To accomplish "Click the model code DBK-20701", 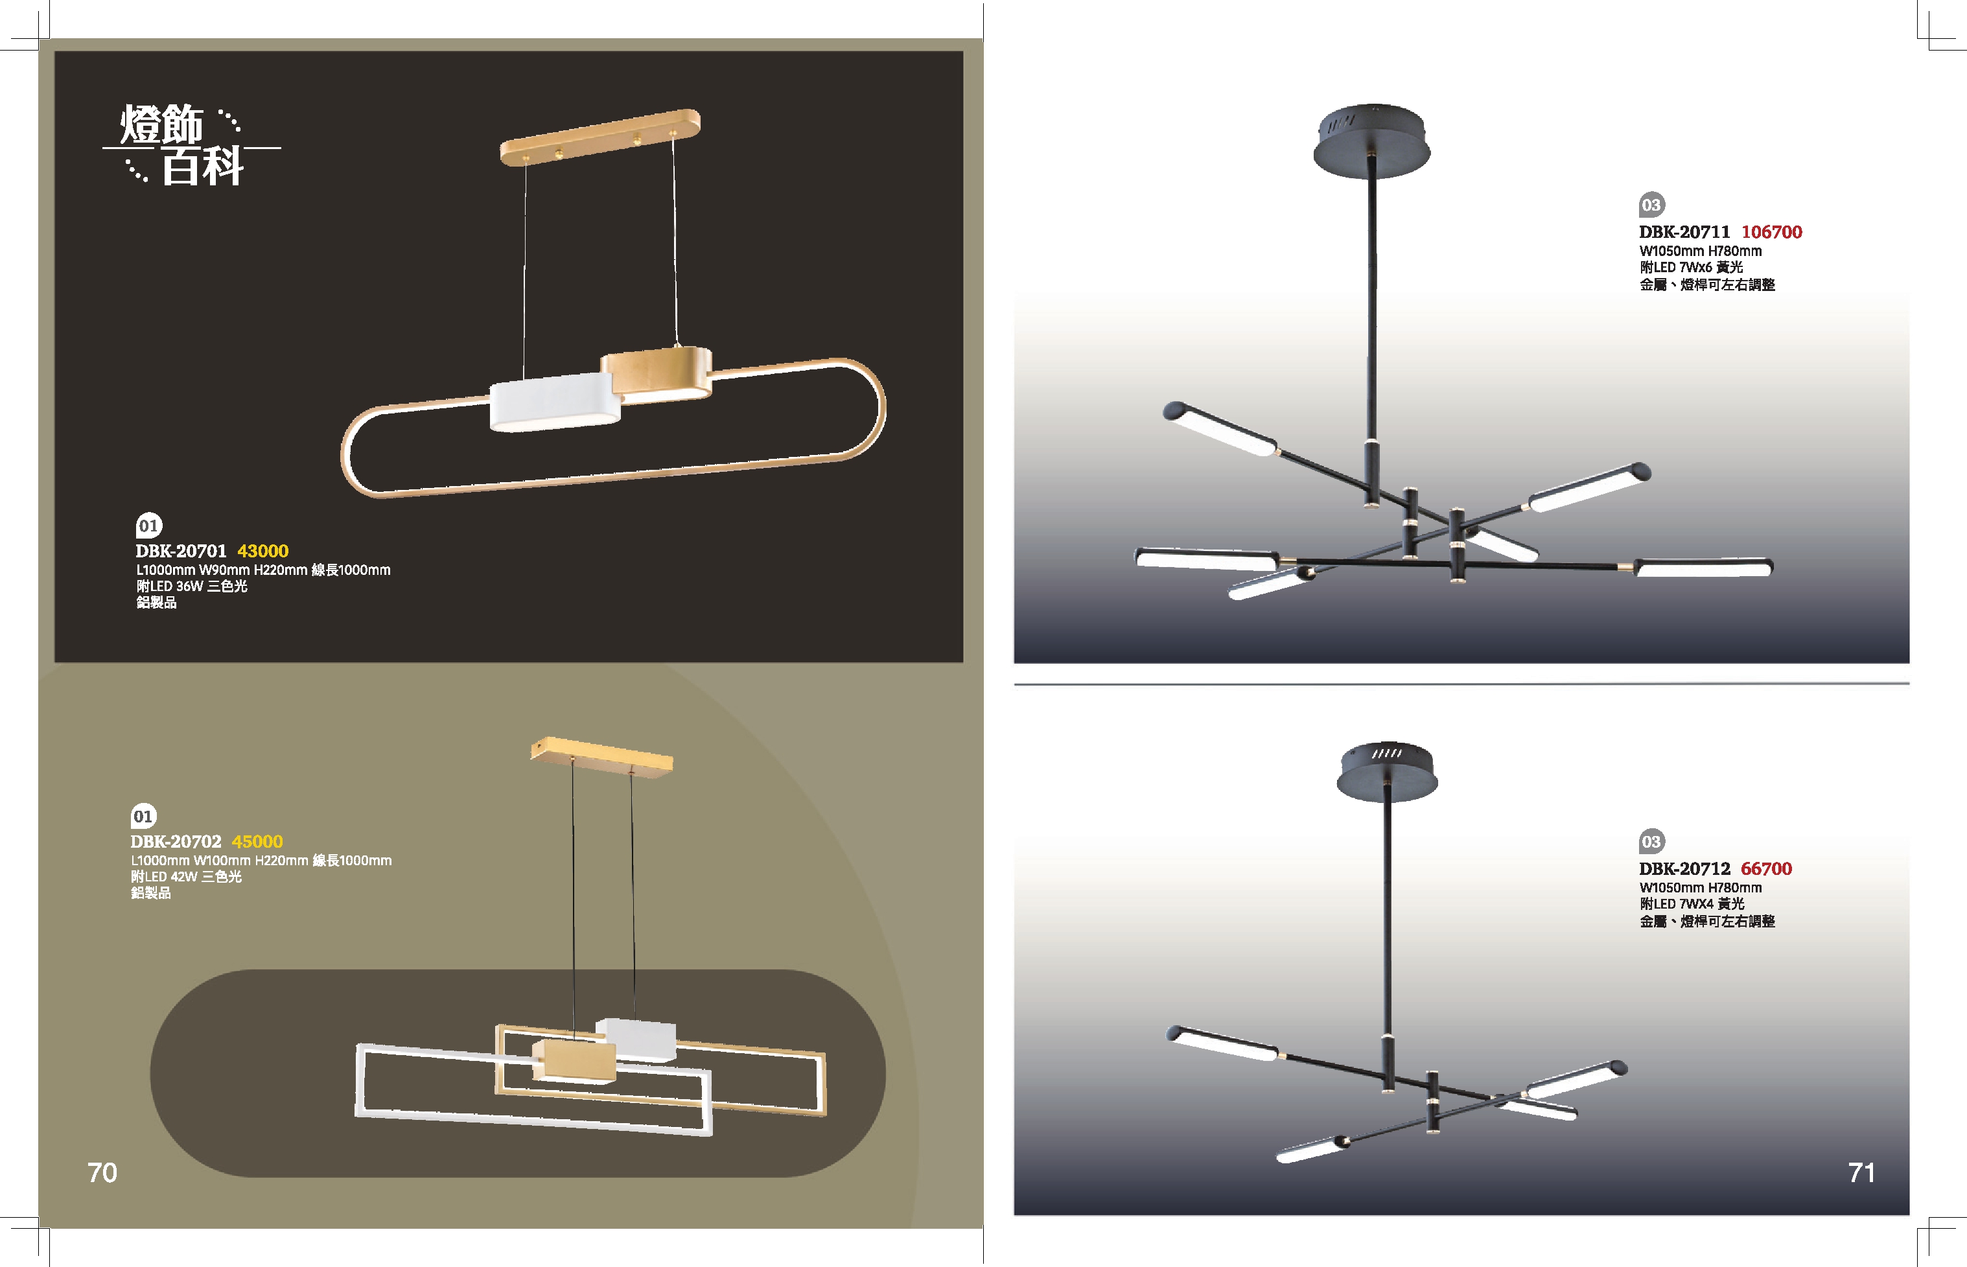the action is point(180,552).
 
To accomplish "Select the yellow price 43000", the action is point(263,552).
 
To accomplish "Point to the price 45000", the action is point(257,842).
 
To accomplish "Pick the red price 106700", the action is point(1771,232).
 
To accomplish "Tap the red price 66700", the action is point(1765,869).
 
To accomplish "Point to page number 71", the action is point(1861,1172).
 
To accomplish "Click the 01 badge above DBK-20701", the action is point(149,525).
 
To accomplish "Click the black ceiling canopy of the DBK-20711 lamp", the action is point(1371,141).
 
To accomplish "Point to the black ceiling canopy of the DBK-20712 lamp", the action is point(1387,771).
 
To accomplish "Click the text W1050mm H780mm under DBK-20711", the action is point(1701,251).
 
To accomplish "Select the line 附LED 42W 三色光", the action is point(186,877).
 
